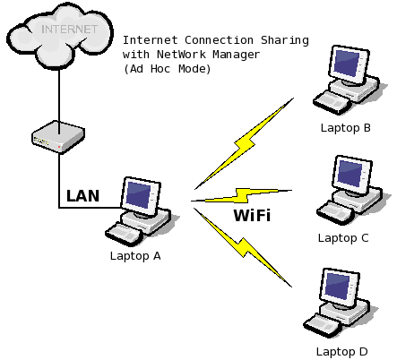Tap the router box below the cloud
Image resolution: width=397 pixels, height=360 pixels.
coord(58,138)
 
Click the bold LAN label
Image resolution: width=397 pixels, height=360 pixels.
coord(82,195)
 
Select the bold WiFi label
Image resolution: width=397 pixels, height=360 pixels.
coord(252,216)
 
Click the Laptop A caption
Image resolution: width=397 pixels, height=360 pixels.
coord(135,257)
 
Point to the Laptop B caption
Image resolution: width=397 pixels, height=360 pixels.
coord(346,128)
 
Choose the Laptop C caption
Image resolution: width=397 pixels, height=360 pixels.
coord(343,238)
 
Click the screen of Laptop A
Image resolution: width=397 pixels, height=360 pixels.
coord(139,195)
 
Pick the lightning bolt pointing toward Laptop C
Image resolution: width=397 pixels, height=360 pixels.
coord(242,195)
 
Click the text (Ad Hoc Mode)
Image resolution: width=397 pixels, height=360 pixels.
coord(167,69)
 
